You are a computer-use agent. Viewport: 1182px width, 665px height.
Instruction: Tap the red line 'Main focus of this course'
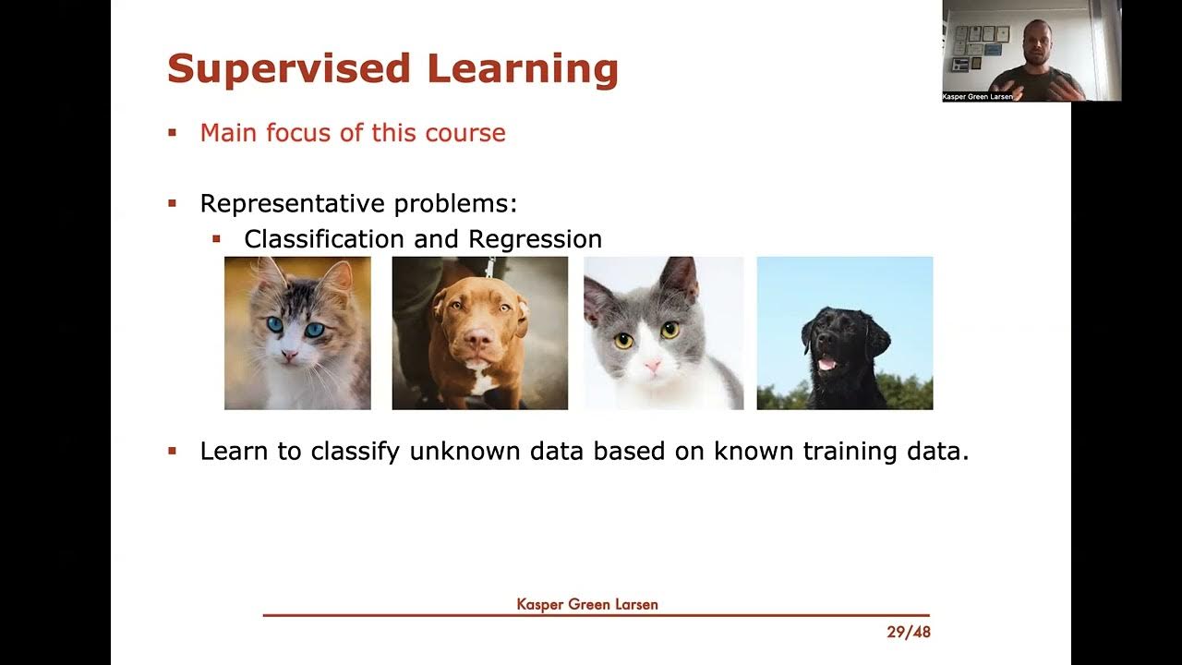[x=353, y=133]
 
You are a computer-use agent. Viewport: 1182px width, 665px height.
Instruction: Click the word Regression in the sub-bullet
[x=535, y=239]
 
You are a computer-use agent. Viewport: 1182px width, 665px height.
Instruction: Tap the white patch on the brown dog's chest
[x=478, y=379]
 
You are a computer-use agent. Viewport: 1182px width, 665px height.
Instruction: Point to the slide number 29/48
[x=908, y=633]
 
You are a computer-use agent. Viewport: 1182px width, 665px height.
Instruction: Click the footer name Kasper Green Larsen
[x=587, y=605]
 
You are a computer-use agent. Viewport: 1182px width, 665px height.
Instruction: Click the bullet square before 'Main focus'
[x=172, y=133]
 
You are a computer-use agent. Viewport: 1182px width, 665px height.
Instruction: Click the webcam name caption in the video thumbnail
[x=977, y=96]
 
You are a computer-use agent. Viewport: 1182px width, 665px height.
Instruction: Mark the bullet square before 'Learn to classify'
[x=172, y=452]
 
